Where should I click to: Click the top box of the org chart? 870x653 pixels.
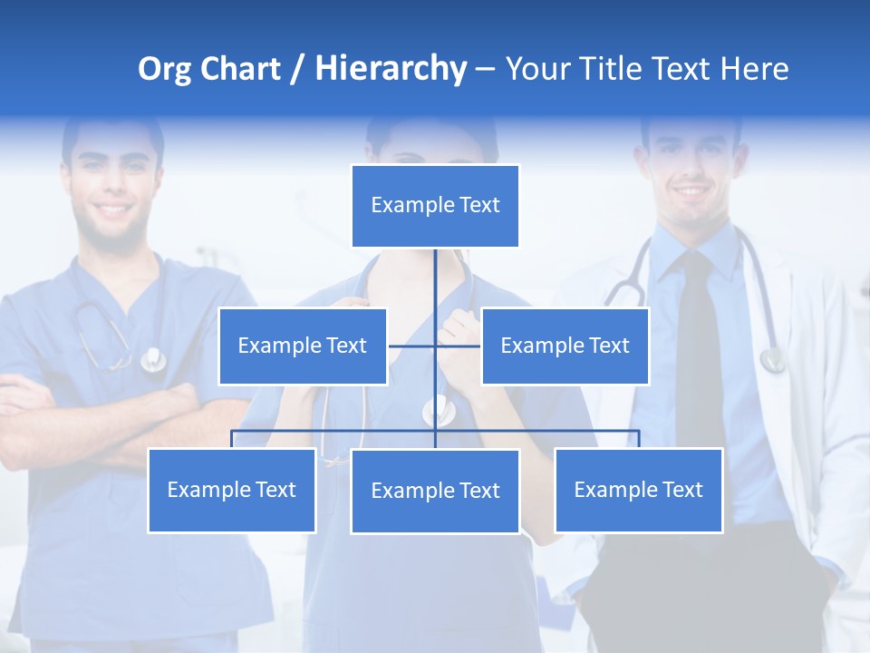[435, 206]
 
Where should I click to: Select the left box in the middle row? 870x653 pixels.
[303, 346]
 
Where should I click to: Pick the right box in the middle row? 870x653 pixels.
[565, 346]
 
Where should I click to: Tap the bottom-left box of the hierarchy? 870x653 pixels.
[232, 490]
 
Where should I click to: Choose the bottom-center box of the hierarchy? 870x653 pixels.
[435, 491]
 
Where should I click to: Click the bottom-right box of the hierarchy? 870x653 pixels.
[638, 490]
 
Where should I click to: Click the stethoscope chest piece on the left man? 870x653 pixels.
[152, 360]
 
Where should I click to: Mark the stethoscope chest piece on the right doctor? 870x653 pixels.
[772, 361]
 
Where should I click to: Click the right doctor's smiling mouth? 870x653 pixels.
[691, 192]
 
